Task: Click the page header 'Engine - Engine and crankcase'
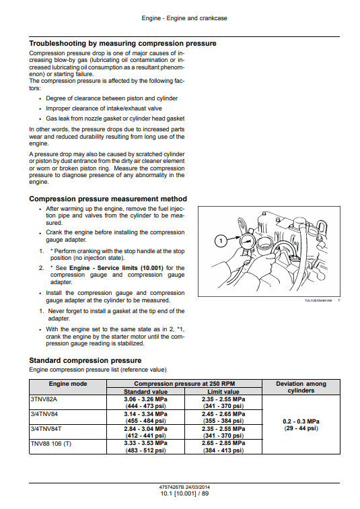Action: coord(184,18)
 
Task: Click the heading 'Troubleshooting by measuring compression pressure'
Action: coord(122,44)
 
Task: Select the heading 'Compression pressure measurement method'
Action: coord(108,199)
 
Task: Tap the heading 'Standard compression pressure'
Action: coord(85,360)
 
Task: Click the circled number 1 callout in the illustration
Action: coord(221,240)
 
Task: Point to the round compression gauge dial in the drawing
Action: coord(247,242)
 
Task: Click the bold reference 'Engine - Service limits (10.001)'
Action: coord(116,268)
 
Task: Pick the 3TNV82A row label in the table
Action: coord(44,399)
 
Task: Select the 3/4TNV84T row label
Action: coord(46,428)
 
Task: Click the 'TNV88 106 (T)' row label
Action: coord(51,444)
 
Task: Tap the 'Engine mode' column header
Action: coord(68,384)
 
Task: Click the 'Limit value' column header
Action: coord(223,391)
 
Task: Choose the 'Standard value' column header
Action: coord(145,391)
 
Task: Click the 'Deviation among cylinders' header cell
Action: coord(301,387)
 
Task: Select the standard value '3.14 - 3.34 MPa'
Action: coord(145,414)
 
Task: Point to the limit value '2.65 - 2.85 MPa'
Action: coord(223,443)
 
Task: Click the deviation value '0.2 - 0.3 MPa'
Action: coord(301,421)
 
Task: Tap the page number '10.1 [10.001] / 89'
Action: coord(184,494)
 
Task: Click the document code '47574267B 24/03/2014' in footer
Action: coord(184,487)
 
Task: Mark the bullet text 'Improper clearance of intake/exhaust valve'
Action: coord(104,108)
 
